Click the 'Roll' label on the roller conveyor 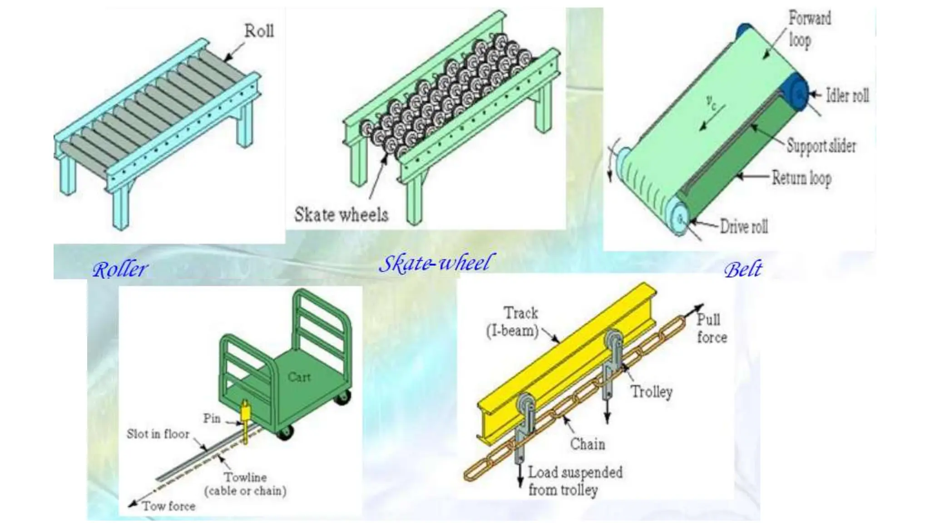(x=259, y=31)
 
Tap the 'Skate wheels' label (x=341, y=214)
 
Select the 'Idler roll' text (x=847, y=96)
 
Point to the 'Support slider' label (x=821, y=146)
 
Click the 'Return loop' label (x=802, y=178)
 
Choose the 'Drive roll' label (x=744, y=226)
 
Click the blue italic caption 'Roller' (x=120, y=270)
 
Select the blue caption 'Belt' (x=743, y=270)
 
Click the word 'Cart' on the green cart (x=299, y=377)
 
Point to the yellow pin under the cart (x=246, y=420)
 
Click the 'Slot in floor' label (x=158, y=434)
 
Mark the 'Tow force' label (x=169, y=506)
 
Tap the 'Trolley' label (x=652, y=391)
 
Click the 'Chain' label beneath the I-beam (x=588, y=444)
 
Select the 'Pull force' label (x=712, y=329)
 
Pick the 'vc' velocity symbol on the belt (x=712, y=103)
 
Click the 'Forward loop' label (x=809, y=29)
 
